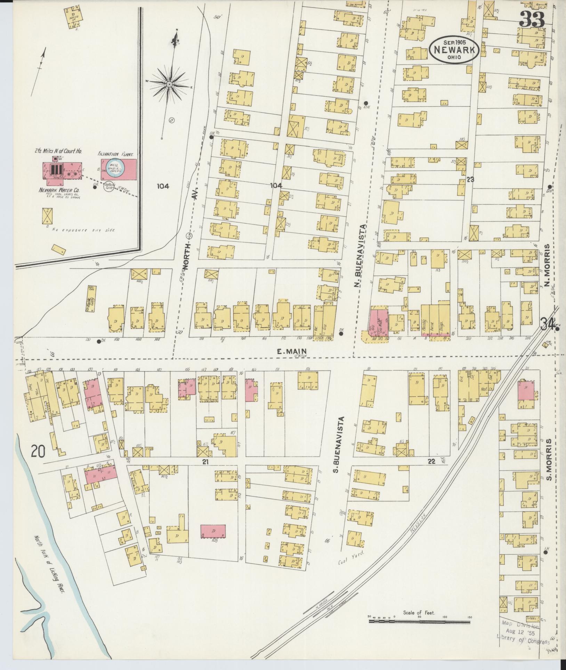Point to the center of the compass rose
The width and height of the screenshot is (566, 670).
tap(169, 84)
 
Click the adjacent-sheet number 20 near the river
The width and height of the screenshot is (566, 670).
tap(38, 452)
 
